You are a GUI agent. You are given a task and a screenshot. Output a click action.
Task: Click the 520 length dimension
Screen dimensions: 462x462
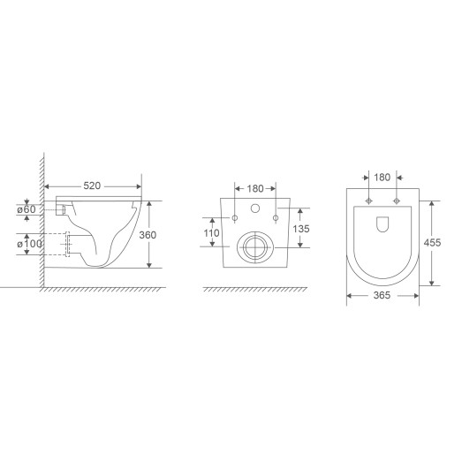click(x=91, y=187)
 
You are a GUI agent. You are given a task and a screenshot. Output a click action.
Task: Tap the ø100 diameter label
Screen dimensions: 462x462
click(x=29, y=242)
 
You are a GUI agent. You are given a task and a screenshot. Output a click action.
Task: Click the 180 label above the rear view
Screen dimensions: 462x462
click(x=254, y=187)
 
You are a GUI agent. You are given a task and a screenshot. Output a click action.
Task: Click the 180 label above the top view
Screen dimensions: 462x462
click(x=382, y=178)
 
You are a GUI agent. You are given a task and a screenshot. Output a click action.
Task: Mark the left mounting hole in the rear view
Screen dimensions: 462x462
click(x=235, y=217)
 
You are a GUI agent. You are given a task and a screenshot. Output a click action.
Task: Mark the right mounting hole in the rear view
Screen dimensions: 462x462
click(x=276, y=217)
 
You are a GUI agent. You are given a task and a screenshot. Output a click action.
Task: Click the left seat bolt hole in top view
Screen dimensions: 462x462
click(x=366, y=201)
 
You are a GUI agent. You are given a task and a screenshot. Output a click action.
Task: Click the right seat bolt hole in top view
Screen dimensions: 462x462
click(x=398, y=201)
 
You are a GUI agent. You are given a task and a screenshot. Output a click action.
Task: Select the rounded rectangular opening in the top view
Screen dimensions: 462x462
click(x=382, y=224)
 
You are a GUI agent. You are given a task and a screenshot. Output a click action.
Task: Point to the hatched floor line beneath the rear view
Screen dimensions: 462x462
click(x=256, y=289)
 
